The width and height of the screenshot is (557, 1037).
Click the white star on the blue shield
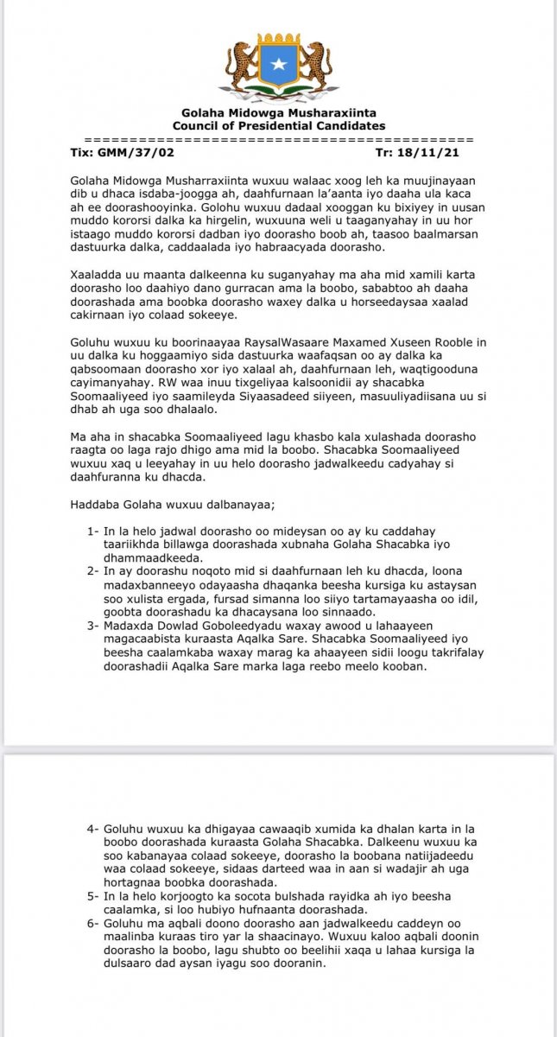(x=278, y=64)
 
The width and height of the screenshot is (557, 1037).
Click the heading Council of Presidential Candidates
(x=279, y=126)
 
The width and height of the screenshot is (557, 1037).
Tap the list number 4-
(x=94, y=830)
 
